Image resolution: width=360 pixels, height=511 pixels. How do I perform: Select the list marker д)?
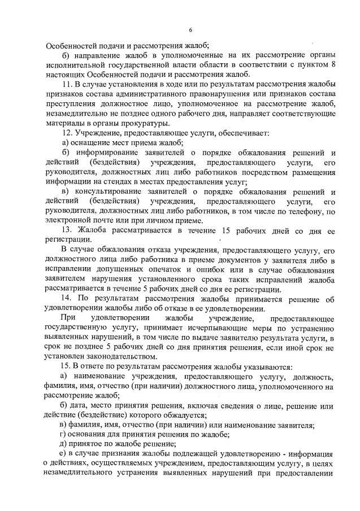point(63,444)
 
